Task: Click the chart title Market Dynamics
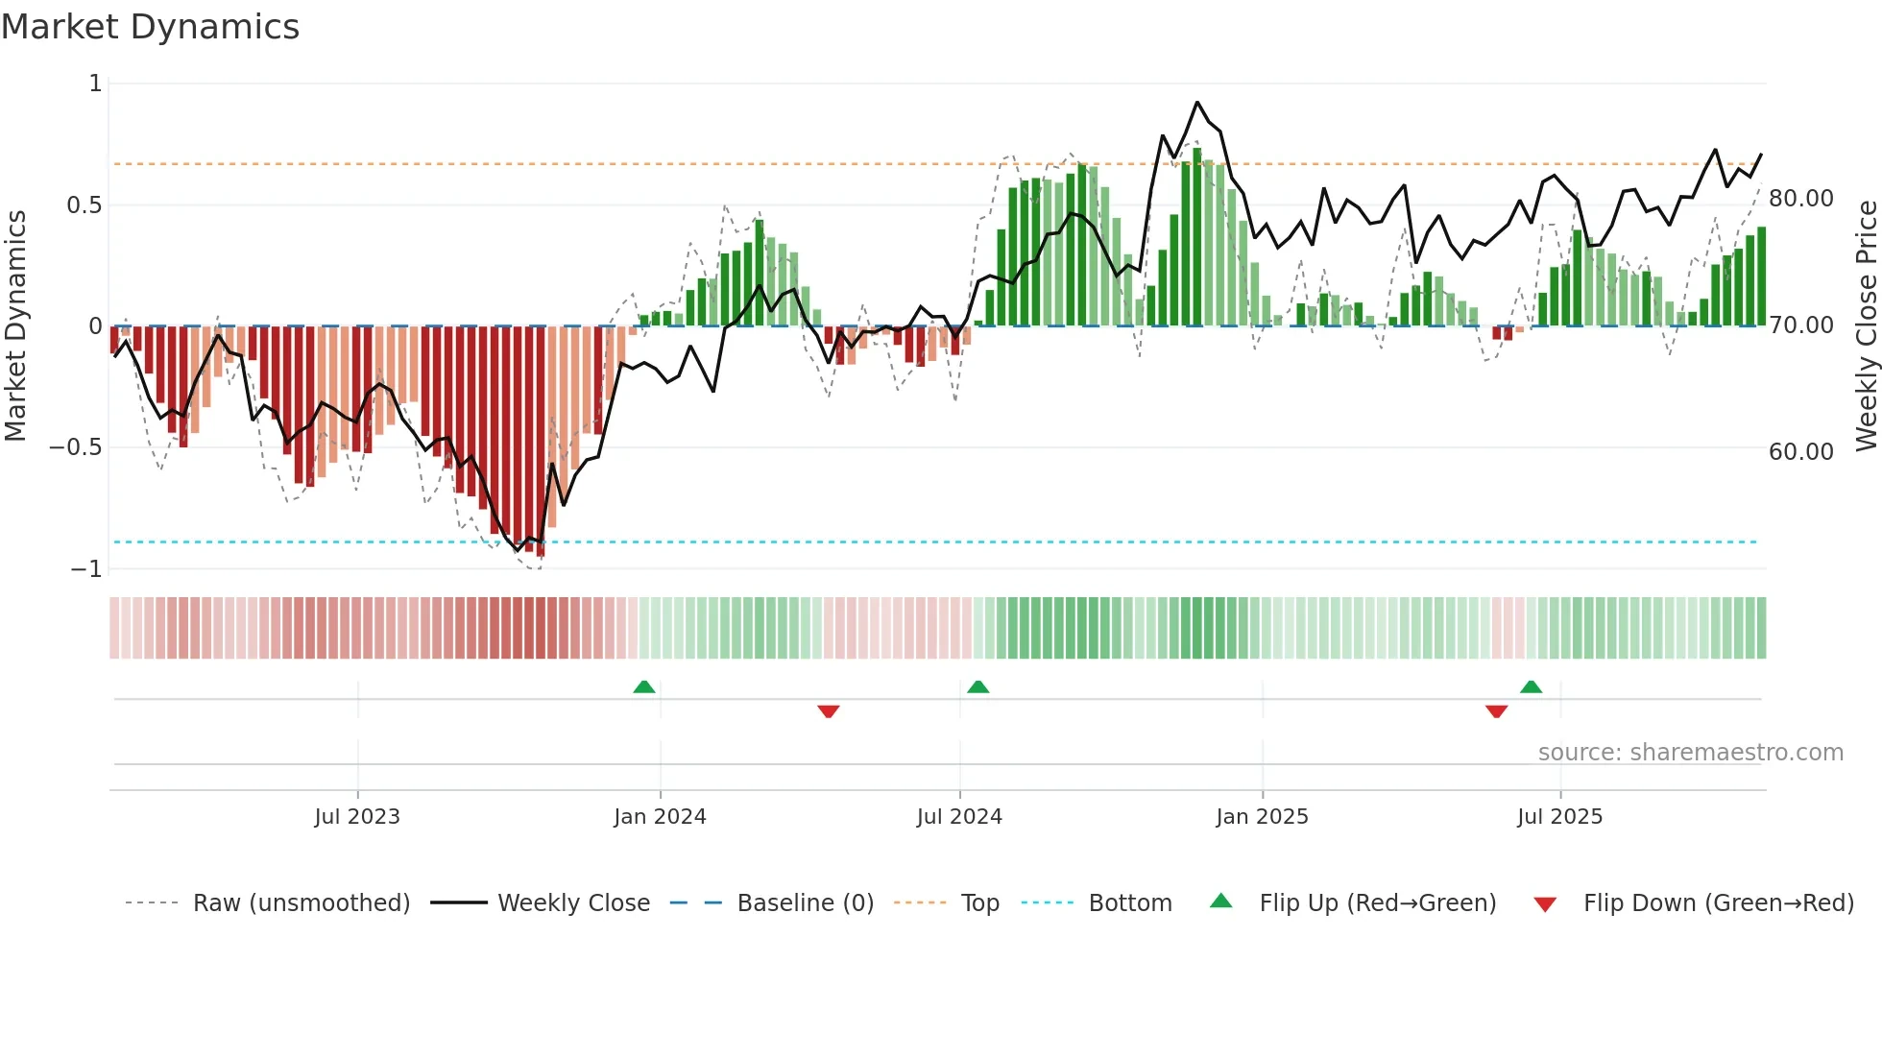click(x=150, y=27)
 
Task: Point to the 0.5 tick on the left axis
click(x=84, y=205)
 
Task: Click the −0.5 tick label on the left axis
click(x=75, y=447)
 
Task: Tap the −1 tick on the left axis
click(x=85, y=569)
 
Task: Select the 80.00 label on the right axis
click(x=1800, y=199)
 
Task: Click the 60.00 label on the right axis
click(x=1800, y=452)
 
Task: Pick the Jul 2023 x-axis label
click(x=357, y=817)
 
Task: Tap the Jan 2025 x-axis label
click(x=1262, y=817)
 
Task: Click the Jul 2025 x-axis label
click(x=1559, y=817)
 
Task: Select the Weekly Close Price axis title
click(x=1866, y=326)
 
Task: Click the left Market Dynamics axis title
click(x=15, y=326)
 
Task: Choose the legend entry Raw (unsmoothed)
click(x=301, y=903)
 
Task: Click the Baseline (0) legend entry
click(x=805, y=903)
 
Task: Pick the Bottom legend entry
click(x=1129, y=903)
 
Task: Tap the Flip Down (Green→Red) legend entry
click(x=1718, y=903)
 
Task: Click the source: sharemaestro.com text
click(x=1690, y=753)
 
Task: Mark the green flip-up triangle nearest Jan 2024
click(x=644, y=687)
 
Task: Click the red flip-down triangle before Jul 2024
click(x=829, y=711)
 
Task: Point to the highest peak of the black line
click(x=1196, y=103)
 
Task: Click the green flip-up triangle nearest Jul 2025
click(x=1531, y=687)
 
